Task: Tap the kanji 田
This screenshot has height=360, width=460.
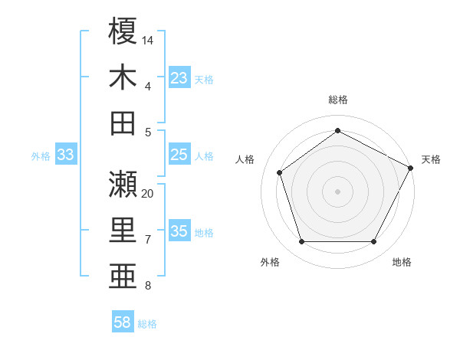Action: coord(123,123)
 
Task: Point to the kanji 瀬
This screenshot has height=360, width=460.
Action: coord(123,184)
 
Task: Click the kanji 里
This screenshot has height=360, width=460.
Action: coord(123,231)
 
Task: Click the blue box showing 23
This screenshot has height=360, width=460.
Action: coord(179,77)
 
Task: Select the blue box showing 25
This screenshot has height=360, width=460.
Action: coord(179,155)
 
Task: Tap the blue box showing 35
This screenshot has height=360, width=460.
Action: coord(179,231)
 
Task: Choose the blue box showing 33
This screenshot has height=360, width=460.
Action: coord(65,155)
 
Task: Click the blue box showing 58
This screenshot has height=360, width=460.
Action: coord(123,322)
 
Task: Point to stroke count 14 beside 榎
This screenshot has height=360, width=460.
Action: coord(148,39)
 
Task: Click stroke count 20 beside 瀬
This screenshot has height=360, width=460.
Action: coord(148,193)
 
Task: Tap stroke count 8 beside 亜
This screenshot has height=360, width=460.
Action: coord(148,286)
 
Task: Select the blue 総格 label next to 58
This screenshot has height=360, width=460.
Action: coord(147,324)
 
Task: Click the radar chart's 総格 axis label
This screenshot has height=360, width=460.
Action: coord(337,100)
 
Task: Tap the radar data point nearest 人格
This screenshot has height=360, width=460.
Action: coord(280,172)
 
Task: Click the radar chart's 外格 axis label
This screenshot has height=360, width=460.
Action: coord(270,262)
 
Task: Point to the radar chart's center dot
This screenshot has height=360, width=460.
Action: coord(337,191)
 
